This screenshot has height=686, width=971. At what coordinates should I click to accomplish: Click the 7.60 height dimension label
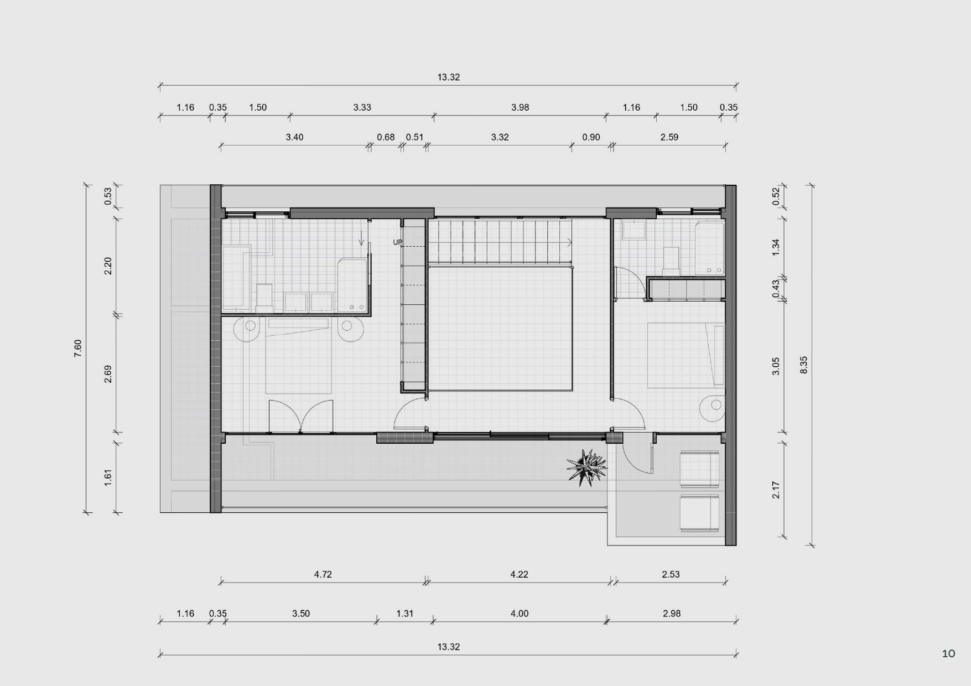78,348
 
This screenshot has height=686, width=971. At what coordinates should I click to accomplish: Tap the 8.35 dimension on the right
803,365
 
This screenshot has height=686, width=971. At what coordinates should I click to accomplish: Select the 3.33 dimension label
362,107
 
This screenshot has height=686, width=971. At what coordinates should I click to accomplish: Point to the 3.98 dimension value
520,107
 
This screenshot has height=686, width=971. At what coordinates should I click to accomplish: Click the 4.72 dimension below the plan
323,574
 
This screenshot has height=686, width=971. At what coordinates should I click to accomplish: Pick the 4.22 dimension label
519,574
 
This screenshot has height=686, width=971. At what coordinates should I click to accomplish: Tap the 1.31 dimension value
405,614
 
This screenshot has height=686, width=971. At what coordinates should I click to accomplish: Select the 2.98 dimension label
671,614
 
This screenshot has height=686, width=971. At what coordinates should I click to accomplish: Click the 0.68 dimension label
386,137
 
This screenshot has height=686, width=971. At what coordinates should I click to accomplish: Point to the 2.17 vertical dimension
776,490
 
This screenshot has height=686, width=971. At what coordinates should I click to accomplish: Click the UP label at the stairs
398,242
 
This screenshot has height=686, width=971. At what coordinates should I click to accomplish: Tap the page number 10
948,654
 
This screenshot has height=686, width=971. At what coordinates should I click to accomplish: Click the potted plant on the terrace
586,467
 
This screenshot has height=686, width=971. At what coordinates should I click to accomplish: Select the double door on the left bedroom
301,416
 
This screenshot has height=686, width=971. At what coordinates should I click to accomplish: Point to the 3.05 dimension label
776,366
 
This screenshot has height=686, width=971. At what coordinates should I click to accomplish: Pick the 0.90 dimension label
591,137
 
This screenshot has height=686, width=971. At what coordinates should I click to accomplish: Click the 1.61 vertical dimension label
108,477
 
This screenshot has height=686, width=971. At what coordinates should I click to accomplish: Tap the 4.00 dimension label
520,614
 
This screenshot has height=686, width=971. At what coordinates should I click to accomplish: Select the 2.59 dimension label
669,137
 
